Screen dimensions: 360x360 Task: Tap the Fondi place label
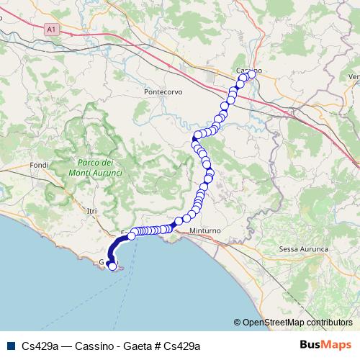tap(39, 166)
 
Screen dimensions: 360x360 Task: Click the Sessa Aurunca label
tap(303, 248)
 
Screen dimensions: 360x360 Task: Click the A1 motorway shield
tap(50, 30)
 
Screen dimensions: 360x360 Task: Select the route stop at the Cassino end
tap(251, 73)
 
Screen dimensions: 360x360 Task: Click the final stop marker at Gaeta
tap(112, 266)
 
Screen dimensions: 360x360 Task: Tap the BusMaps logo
tap(326, 345)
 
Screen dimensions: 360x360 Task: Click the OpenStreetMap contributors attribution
tap(297, 323)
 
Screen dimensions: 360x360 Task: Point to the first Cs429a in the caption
tap(40, 346)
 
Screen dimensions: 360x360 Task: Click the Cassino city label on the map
tap(248, 70)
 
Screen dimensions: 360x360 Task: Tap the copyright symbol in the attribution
tap(238, 323)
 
